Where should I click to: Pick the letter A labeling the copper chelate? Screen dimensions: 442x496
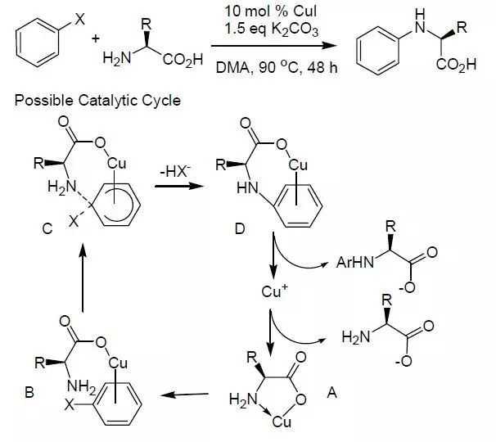[332, 392]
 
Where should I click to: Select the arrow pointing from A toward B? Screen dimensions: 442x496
[184, 396]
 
